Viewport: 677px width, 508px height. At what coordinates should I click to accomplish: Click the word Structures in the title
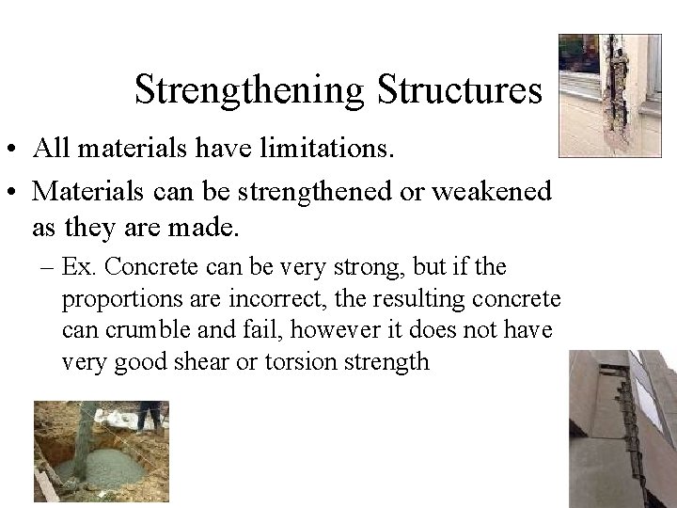pyautogui.click(x=460, y=90)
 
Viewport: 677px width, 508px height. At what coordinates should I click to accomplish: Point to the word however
pyautogui.click(x=338, y=331)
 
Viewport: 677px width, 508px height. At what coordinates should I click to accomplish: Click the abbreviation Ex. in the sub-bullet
pyautogui.click(x=80, y=268)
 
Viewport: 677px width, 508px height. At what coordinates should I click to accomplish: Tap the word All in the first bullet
pyautogui.click(x=48, y=149)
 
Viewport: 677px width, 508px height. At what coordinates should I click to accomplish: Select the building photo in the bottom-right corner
pyautogui.click(x=622, y=428)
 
